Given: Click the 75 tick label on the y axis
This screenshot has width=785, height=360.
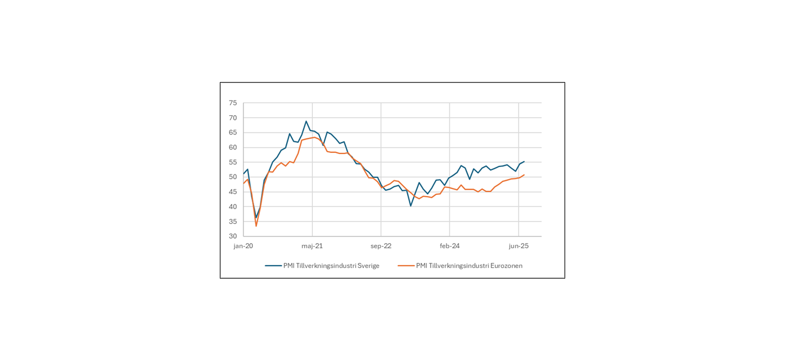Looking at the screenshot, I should [233, 103].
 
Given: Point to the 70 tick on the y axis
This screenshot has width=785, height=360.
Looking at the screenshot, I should [233, 118].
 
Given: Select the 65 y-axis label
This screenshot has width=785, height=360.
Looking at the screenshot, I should [233, 133].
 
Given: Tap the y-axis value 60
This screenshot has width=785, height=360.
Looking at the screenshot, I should [233, 148].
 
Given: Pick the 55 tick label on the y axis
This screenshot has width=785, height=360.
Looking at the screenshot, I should [233, 162].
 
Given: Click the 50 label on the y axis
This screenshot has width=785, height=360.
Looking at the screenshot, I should [233, 177].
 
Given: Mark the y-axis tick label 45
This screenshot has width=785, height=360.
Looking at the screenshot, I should [233, 192].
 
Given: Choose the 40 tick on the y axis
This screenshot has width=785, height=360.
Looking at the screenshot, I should [233, 207].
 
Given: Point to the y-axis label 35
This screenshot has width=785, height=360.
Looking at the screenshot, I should [233, 222].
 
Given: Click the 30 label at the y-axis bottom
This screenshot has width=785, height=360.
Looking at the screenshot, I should [233, 237].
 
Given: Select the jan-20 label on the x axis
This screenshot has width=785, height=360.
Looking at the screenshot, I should [243, 246].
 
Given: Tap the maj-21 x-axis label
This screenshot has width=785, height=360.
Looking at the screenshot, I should [312, 246].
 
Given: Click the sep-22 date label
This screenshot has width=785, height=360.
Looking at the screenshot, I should [381, 246].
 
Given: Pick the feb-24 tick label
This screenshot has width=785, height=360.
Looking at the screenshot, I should [449, 246].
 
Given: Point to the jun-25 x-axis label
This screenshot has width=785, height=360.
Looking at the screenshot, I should [519, 246].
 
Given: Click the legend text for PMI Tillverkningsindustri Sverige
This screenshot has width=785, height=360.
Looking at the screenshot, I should [331, 266].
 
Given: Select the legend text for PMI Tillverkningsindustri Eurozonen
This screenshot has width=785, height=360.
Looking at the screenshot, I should [469, 266].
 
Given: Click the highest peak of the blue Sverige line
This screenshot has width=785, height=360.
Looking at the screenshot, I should [306, 121].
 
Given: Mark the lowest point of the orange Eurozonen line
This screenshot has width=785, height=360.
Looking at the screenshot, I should [256, 226].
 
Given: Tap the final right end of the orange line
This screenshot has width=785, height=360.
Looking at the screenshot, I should [524, 174].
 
